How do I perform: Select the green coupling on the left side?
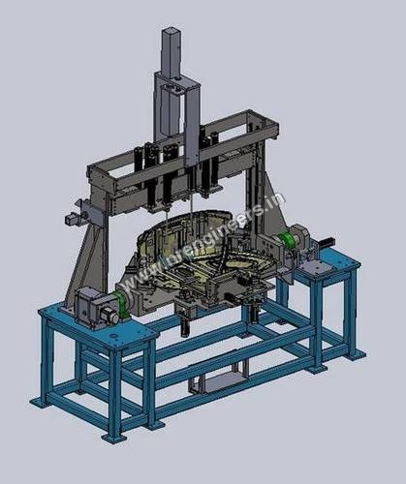(123, 299)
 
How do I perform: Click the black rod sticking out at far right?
(329, 239)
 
